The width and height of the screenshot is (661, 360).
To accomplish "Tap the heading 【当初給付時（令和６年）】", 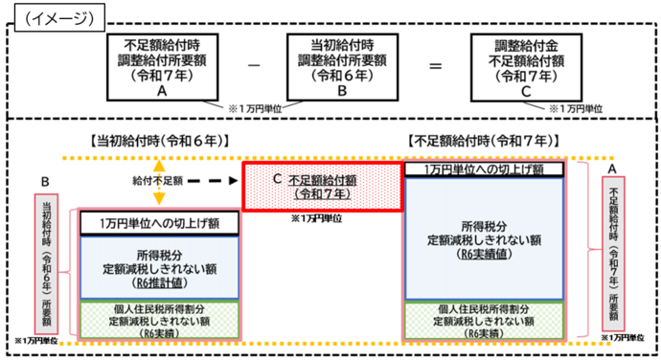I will coord(159,140).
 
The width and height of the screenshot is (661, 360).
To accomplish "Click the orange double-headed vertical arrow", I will coord(159,181).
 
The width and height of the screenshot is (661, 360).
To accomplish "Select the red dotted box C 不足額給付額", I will coord(323,186).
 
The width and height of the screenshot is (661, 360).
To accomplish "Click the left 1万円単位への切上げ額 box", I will coord(159,223).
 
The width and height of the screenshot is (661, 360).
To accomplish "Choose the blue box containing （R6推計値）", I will coord(159,267).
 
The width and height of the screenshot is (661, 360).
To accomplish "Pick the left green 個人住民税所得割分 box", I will coord(159,318).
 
